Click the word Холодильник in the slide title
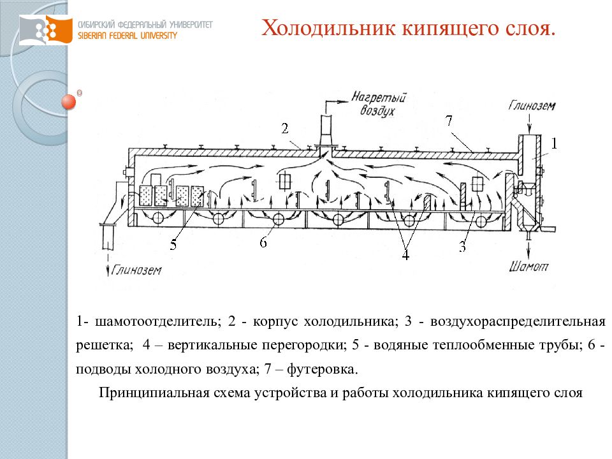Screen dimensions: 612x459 (329, 28)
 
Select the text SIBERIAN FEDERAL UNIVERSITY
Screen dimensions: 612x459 (127, 36)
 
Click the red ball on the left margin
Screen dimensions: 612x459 (69, 102)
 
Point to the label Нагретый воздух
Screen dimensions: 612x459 (378, 104)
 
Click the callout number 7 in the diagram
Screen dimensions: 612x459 (449, 121)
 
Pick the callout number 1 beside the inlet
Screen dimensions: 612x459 (554, 143)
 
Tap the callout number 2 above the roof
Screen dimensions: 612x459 (285, 128)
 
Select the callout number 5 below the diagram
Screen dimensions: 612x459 (173, 245)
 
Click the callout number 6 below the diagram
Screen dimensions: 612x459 (263, 242)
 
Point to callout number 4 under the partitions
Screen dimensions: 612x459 (405, 255)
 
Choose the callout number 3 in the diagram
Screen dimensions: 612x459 (463, 247)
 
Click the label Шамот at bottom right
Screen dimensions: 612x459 (529, 266)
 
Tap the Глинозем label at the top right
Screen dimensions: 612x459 (532, 105)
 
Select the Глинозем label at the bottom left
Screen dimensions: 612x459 (136, 270)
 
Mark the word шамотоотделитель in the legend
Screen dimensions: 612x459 (158, 321)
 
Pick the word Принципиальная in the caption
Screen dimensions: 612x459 (154, 393)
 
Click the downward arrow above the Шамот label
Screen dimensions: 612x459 (529, 249)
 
